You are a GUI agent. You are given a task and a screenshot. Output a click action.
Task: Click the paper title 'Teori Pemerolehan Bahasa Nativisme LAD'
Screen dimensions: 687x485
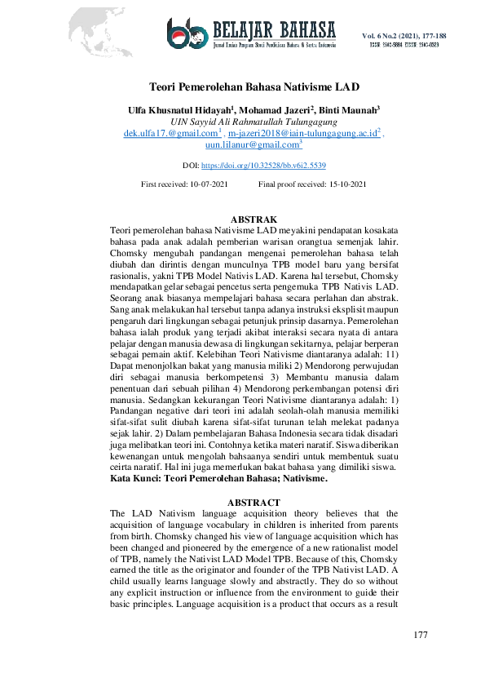tap(254, 86)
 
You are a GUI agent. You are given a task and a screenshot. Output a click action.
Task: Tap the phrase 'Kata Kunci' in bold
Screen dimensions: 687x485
tap(134, 481)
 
